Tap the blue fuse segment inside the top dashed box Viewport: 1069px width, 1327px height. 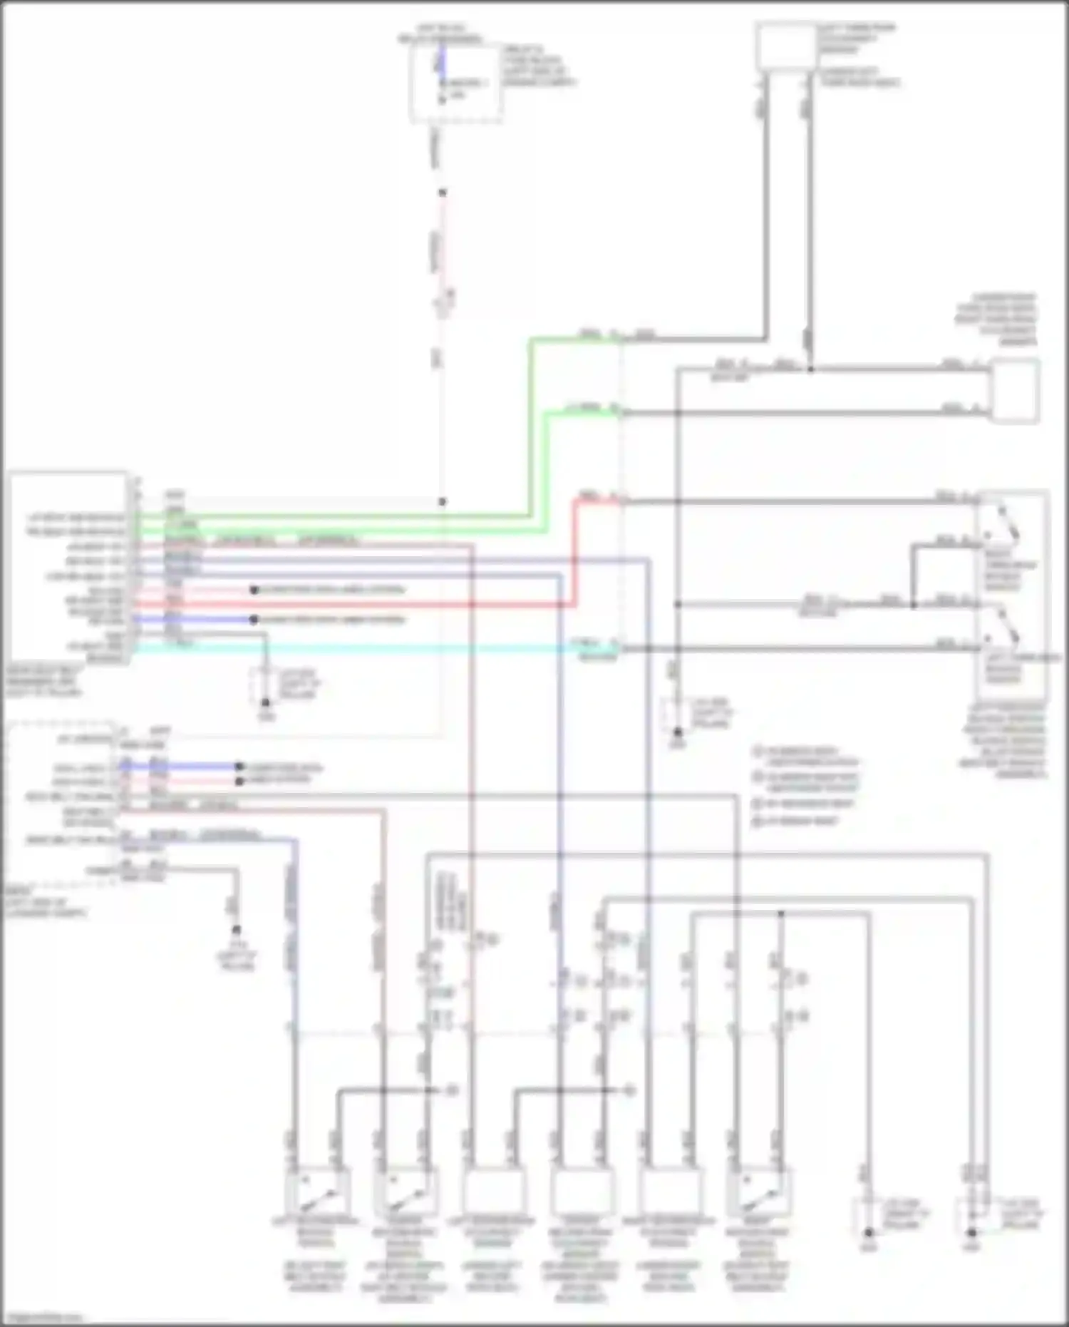click(x=442, y=61)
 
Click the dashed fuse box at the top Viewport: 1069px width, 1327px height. click(x=456, y=84)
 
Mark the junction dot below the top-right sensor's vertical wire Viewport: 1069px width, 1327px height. click(x=810, y=369)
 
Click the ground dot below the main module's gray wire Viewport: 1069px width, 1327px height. click(x=265, y=702)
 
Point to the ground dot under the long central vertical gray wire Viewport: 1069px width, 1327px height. click(x=678, y=732)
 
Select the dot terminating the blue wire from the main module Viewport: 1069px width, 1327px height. click(x=254, y=620)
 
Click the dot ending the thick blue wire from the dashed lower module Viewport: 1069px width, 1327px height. click(x=240, y=767)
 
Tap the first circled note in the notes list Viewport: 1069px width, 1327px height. click(x=758, y=751)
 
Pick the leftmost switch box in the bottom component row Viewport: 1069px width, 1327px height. click(x=317, y=1191)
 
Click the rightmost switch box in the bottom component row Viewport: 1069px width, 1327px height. click(x=759, y=1191)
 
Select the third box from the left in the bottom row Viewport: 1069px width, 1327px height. click(x=493, y=1191)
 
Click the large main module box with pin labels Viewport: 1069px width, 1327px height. click(x=68, y=567)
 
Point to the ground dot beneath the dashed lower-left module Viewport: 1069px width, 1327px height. click(x=236, y=930)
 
